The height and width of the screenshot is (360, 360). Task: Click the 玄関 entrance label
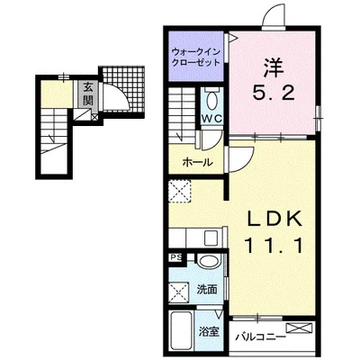point(87,94)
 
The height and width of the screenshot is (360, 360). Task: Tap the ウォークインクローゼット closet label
point(196,58)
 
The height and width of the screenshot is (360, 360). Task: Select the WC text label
point(212,119)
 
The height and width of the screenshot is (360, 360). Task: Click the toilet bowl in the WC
point(212,100)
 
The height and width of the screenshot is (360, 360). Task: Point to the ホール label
point(198,162)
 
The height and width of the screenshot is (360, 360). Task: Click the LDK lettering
point(274,220)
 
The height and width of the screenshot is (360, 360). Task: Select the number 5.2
point(273,93)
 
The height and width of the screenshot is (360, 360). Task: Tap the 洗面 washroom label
point(207,290)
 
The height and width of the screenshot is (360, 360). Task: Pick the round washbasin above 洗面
point(210,260)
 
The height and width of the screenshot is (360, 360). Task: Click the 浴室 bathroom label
point(210,331)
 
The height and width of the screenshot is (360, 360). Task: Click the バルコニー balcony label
point(260,337)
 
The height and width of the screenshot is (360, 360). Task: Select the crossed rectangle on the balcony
point(299,328)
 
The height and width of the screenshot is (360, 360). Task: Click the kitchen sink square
point(212,238)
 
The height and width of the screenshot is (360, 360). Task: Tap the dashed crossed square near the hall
point(180,191)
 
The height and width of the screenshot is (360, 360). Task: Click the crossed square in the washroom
point(179,292)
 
